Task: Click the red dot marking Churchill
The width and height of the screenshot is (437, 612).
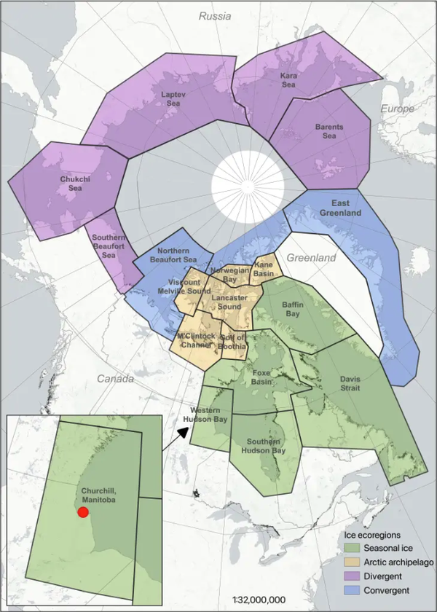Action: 82,512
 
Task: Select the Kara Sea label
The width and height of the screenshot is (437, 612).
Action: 289,79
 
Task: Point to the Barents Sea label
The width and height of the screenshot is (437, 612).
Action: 329,131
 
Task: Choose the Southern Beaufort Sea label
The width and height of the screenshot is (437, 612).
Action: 111,244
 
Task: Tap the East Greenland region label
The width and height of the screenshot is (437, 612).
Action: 340,208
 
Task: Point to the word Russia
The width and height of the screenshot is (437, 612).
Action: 216,15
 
